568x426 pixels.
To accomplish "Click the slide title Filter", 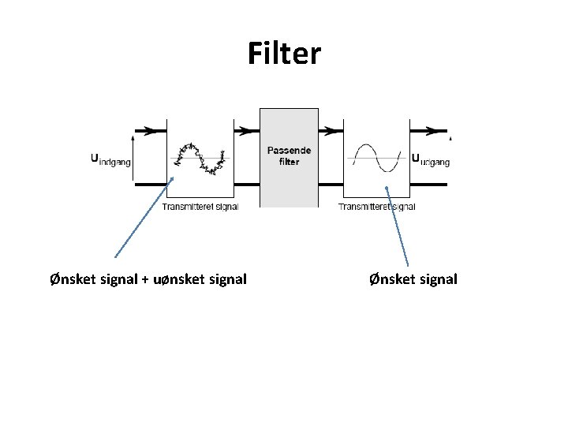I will pos(284,54).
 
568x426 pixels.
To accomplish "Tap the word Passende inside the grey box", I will pos(289,150).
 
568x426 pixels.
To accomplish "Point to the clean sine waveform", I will pos(377,158).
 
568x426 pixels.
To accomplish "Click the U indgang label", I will pos(111,158).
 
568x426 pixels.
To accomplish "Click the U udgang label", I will pos(431,159).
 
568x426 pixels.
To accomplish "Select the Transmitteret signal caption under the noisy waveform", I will pos(200,207).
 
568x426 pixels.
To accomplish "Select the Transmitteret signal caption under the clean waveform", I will pos(376,207).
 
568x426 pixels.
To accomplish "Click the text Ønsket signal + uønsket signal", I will pos(148,278).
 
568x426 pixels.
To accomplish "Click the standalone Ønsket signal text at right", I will pos(413,278).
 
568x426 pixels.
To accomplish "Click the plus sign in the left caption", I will pos(145,279).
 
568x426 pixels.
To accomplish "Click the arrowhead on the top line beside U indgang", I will pos(147,130).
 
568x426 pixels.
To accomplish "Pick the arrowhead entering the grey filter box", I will pos(252,130).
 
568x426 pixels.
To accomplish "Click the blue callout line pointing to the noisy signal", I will pos(144,217).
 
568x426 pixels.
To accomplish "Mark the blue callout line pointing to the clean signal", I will pos(397,226).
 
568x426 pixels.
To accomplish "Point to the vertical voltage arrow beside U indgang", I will pos(133,158).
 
